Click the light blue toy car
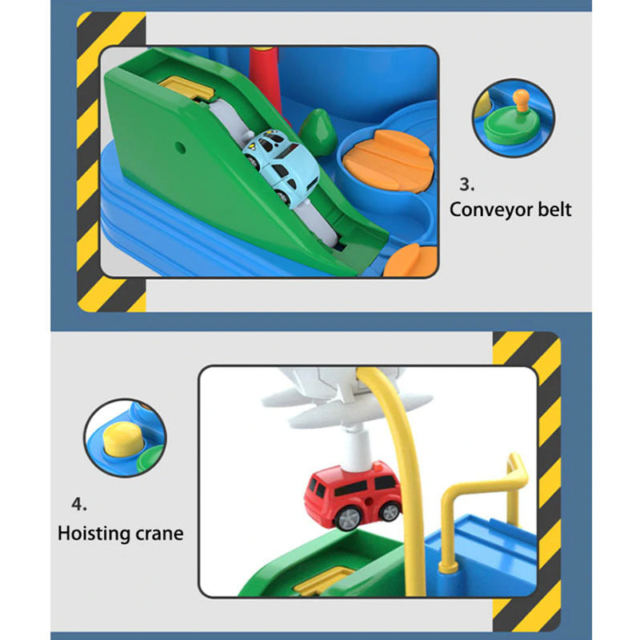(x=282, y=167)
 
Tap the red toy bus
(x=353, y=494)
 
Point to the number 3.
(x=466, y=185)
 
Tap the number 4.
(x=78, y=505)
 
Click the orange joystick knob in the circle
(x=521, y=99)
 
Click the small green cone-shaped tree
(x=318, y=131)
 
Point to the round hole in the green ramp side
(x=179, y=148)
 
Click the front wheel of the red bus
(x=348, y=519)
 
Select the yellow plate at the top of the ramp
(x=187, y=87)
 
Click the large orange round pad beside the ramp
(x=388, y=161)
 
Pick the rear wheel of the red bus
(x=389, y=512)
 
